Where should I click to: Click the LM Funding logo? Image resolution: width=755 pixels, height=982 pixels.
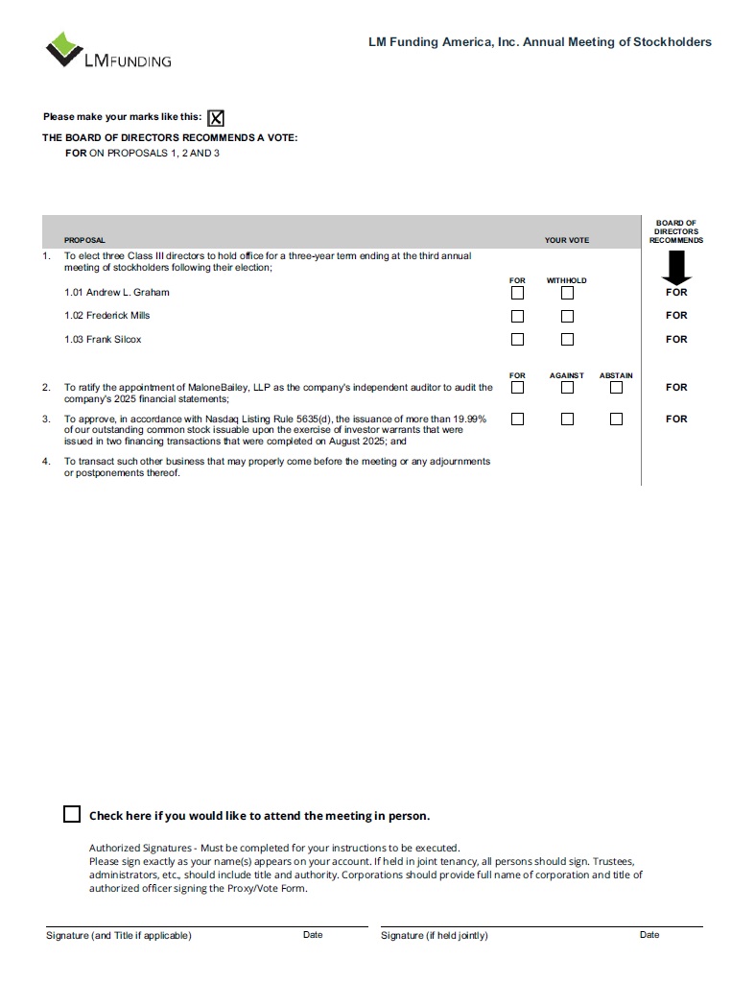(107, 50)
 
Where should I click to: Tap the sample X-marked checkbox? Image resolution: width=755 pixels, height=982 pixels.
(217, 118)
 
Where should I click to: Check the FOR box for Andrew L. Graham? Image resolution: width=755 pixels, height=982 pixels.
(517, 293)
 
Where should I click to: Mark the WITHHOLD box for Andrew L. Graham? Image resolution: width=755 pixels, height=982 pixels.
(567, 293)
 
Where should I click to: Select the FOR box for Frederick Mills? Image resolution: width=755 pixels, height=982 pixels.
(517, 316)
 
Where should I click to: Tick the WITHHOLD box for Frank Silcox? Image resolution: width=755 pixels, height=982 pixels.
(567, 339)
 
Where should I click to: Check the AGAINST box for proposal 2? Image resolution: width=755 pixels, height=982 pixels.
(567, 388)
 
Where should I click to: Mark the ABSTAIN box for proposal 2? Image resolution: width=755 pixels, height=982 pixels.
(616, 388)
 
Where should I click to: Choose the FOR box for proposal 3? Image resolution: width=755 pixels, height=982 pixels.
(517, 419)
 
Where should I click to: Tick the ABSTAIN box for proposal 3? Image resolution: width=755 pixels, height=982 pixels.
(616, 419)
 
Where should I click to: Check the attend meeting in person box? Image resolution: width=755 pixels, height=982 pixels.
(72, 814)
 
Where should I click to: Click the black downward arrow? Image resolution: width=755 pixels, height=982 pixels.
(676, 267)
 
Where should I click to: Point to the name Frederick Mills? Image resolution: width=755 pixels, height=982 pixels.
(118, 316)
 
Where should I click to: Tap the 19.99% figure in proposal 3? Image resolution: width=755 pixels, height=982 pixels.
(469, 419)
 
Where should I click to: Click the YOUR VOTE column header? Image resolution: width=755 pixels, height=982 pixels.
(567, 240)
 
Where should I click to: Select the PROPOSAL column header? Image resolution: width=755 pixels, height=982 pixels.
(84, 240)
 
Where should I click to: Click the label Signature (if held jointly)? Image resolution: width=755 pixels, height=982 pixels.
(434, 936)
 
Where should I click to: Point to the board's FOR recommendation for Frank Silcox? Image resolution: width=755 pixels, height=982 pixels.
(676, 339)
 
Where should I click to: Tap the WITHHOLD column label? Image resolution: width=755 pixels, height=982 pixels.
(566, 280)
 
